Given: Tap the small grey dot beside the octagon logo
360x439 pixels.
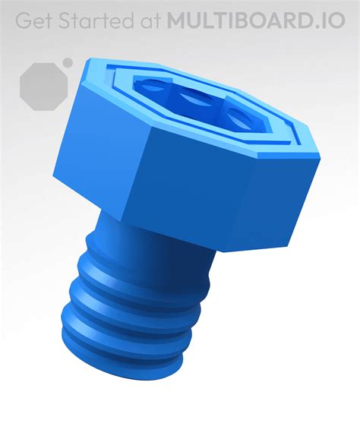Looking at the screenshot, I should pos(68,62).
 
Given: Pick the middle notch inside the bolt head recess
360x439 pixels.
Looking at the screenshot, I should pos(195,96).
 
